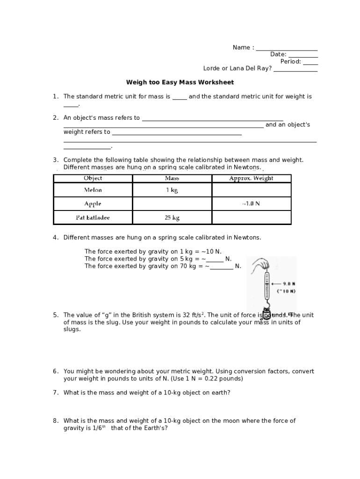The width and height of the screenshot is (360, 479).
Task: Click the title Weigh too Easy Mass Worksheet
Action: coord(180,82)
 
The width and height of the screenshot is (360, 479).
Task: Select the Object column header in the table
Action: coord(93,178)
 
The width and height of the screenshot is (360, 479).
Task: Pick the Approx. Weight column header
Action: coord(251,178)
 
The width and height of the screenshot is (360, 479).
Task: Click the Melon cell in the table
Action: coord(93,190)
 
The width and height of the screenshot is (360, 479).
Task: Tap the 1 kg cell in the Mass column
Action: coord(172,190)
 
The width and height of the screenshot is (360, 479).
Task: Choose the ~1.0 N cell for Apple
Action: coord(251,204)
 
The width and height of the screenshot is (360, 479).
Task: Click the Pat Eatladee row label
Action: coord(93,218)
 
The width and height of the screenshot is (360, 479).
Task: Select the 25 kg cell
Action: coord(172,218)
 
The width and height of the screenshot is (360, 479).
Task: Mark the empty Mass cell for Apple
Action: coord(172,204)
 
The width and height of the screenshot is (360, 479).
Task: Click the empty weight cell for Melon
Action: coord(251,190)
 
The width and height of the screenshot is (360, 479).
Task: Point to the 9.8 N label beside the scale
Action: coord(289,283)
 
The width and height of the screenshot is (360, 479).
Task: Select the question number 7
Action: coord(55,393)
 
